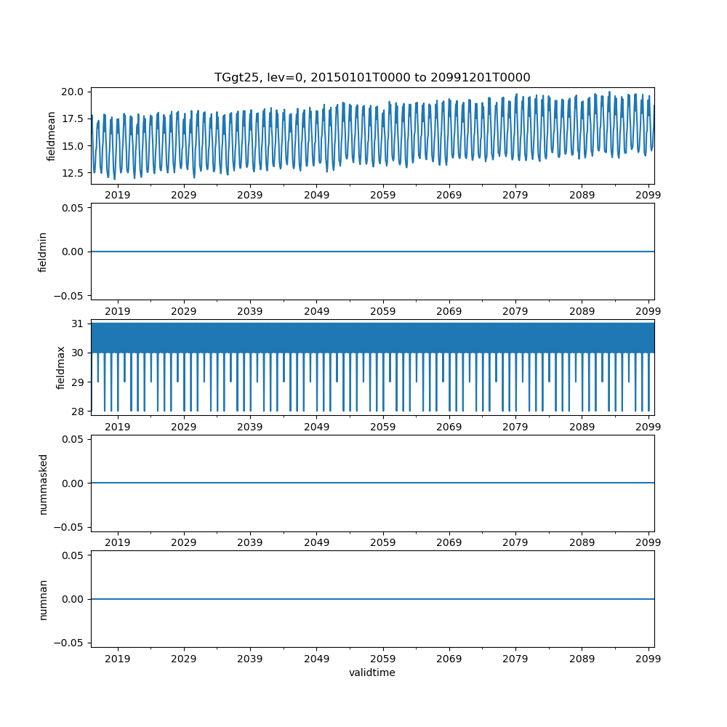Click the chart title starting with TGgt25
372,77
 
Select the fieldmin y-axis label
42,252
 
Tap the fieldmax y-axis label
61,367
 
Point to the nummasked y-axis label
43,483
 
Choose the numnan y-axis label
43,599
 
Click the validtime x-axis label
372,672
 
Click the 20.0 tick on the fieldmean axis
73,92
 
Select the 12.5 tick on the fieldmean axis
73,173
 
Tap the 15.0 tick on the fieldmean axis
73,146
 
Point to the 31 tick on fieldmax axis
77,324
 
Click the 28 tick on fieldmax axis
77,411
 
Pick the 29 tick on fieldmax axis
77,382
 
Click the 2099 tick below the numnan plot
648,659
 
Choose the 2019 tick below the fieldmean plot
118,195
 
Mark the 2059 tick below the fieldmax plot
383,427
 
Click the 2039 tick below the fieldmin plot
250,311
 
